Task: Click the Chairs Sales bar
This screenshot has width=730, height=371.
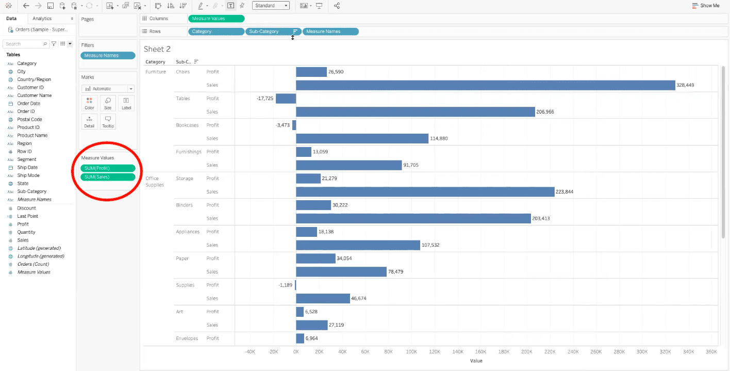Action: pos(485,85)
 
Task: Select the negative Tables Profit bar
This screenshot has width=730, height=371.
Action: pos(286,99)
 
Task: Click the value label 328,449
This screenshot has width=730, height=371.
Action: pos(686,85)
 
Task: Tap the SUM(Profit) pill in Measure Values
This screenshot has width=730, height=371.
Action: pos(108,168)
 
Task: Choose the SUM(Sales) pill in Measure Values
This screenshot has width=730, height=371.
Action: pos(108,177)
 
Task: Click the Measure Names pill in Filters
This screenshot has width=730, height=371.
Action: pos(108,55)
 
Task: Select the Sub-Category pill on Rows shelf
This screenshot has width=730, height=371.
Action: pos(268,31)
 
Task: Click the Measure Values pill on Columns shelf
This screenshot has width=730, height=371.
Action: pos(216,19)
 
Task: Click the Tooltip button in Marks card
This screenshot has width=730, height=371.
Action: pos(108,121)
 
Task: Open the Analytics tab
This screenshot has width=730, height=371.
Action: pos(42,19)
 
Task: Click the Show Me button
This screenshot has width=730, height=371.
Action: pos(706,6)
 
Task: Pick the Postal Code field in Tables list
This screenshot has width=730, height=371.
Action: pos(29,119)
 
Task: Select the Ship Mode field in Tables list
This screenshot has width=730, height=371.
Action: pos(28,175)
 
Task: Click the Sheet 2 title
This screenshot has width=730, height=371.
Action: pos(157,49)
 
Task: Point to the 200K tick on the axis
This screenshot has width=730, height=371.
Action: pos(526,351)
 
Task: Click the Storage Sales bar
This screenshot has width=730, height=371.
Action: pos(425,192)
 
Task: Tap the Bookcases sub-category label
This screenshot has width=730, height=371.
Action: pos(187,125)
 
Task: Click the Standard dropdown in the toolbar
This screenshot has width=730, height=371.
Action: pos(271,6)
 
